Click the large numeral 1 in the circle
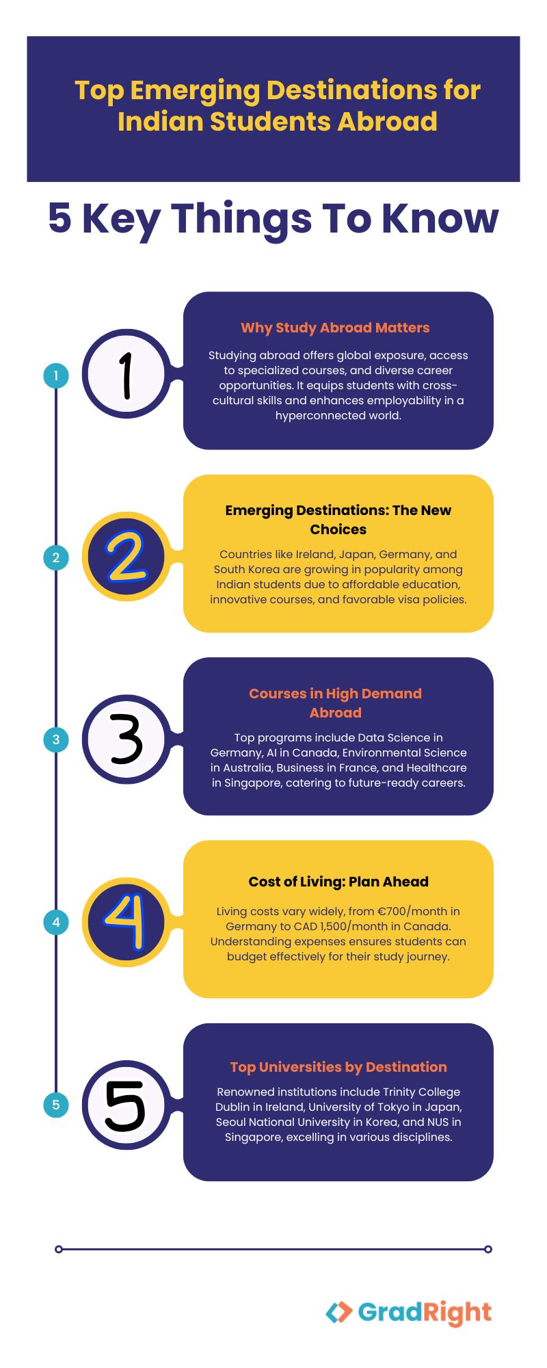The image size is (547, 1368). [x=126, y=375]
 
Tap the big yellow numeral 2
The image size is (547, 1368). [x=126, y=557]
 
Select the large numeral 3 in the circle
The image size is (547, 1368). [x=126, y=739]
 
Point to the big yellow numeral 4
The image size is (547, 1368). [x=126, y=922]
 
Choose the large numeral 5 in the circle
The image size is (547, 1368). [x=125, y=1105]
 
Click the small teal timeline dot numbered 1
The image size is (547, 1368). [x=56, y=375]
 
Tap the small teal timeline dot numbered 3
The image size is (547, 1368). [x=56, y=739]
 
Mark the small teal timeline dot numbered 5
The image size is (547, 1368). [x=56, y=1105]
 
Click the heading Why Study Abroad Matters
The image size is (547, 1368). [x=335, y=328]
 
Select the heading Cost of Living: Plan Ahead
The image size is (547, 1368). [x=338, y=882]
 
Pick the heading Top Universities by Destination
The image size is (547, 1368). [x=338, y=1067]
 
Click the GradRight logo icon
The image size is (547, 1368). [x=339, y=1312]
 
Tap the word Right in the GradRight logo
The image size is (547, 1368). [x=457, y=1313]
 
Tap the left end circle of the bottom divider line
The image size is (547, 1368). [x=59, y=1249]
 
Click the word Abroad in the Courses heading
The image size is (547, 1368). [x=335, y=713]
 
